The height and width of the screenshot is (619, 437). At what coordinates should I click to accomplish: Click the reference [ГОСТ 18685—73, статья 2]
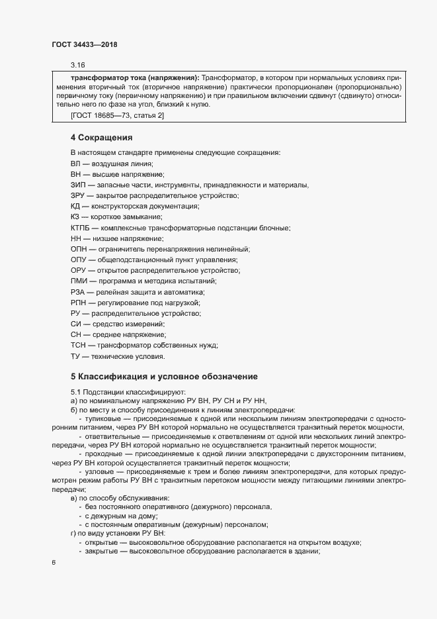(117, 117)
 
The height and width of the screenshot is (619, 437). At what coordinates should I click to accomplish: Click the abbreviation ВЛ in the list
(76, 163)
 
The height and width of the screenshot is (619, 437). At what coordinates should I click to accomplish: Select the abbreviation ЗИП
(78, 185)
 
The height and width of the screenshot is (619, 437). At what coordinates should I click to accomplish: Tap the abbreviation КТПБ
(81, 228)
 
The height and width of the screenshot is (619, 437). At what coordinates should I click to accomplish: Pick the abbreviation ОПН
(79, 249)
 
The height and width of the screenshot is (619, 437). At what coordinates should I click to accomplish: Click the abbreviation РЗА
(78, 292)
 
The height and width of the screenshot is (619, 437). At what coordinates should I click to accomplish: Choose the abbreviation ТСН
(79, 346)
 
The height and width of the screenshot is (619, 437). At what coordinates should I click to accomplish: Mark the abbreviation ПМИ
(79, 281)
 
